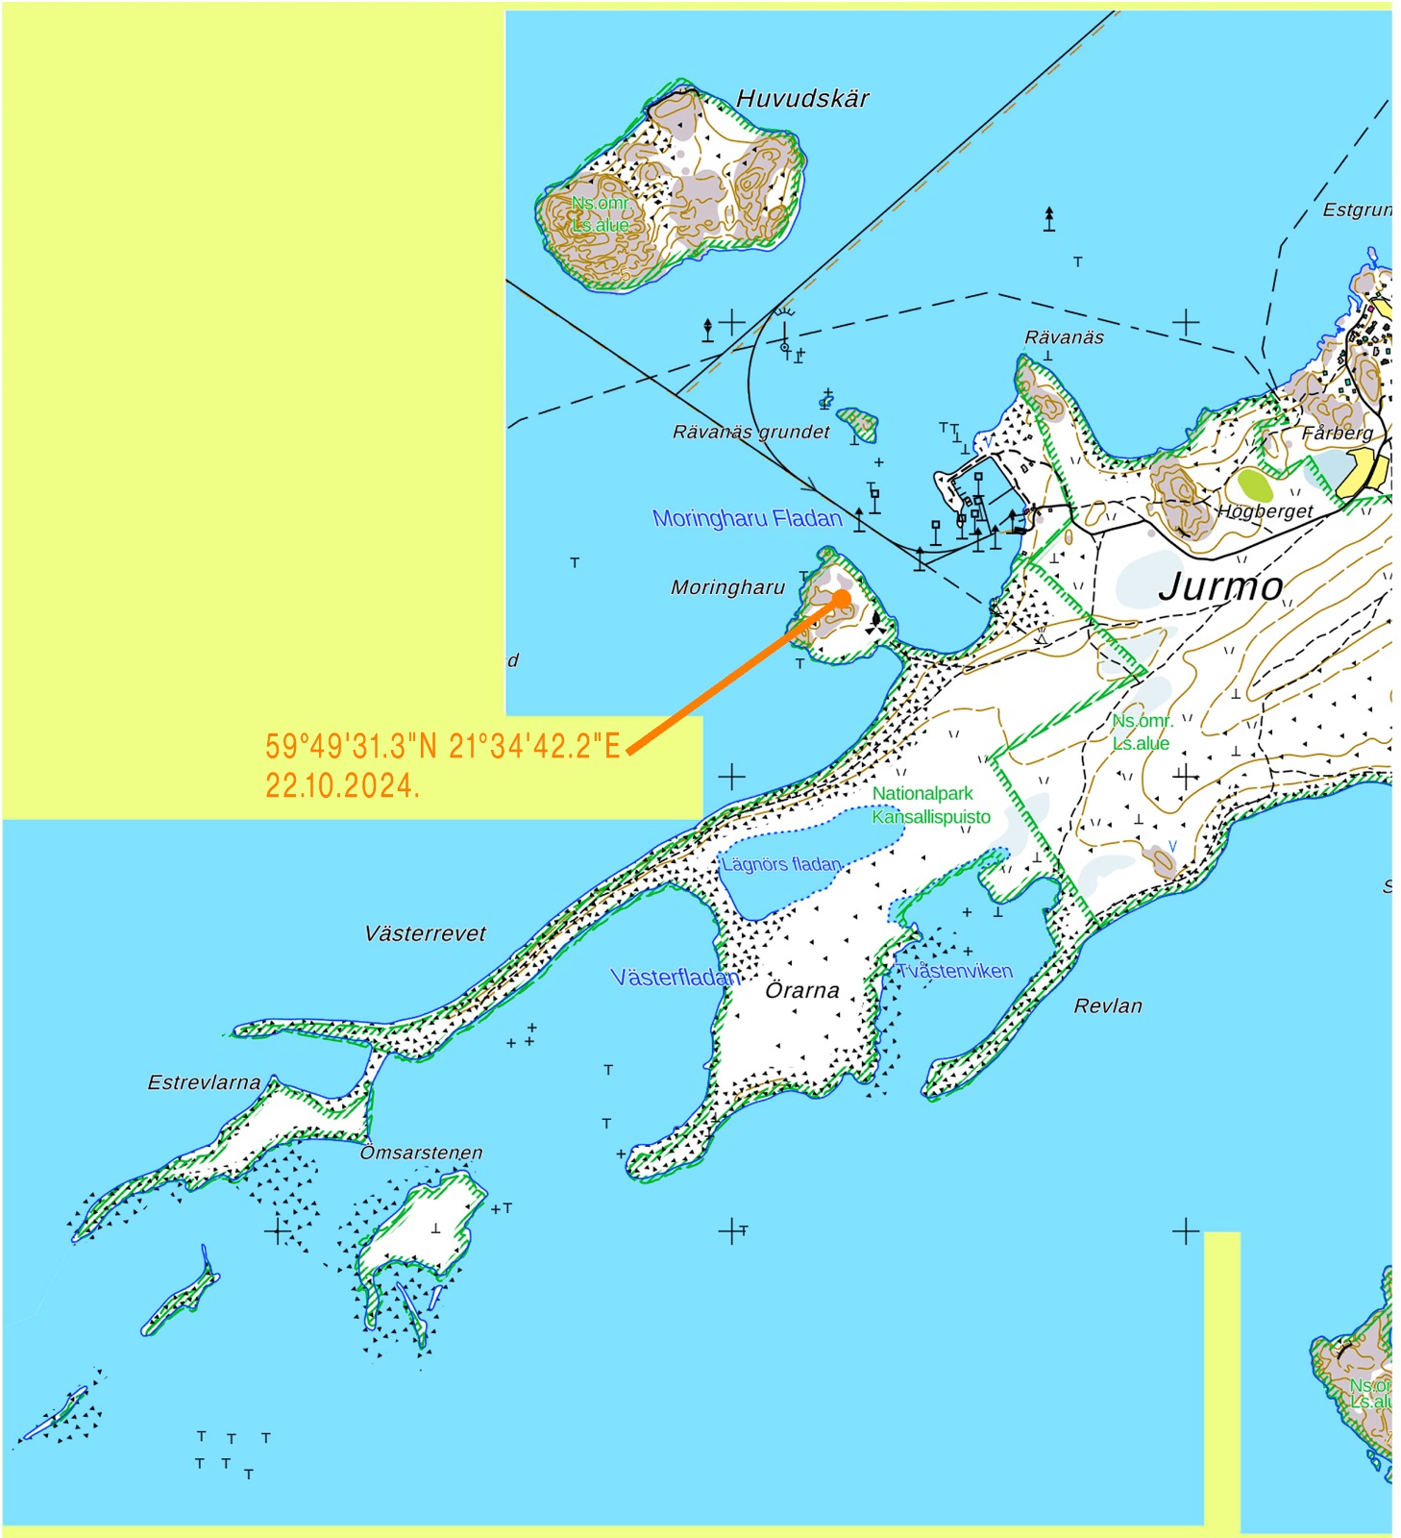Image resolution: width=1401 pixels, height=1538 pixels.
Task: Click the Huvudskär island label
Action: coord(802,99)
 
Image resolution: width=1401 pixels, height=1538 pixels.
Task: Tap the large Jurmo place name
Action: coord(1220,586)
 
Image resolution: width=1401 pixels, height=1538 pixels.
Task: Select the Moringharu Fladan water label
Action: coord(747,519)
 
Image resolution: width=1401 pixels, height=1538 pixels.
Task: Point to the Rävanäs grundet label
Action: coord(750,433)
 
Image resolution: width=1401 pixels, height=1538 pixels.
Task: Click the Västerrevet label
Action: coord(425,933)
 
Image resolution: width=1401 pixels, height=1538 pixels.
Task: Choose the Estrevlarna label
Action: coord(204,1083)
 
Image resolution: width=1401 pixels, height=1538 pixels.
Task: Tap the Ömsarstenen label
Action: coord(421,1153)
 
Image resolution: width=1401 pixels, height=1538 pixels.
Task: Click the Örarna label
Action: coord(802,991)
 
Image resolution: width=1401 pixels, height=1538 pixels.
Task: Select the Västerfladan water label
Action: coord(676,978)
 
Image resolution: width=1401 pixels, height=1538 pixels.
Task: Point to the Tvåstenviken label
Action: coord(954,971)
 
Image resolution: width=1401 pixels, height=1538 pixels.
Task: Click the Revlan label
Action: coord(1108,1006)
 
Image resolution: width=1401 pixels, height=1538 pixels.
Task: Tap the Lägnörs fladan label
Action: coord(781,864)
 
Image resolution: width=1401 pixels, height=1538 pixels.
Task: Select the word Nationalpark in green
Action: coord(922,794)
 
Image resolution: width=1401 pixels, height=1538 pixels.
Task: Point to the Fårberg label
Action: coord(1337,434)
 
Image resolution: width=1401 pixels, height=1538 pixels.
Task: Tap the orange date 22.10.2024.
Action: coord(342,785)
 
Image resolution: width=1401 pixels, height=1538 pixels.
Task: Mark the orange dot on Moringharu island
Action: coord(842,598)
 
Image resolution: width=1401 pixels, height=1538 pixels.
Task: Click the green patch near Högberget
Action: coord(1254,484)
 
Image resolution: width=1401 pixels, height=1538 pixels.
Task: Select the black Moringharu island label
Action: coord(727,587)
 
